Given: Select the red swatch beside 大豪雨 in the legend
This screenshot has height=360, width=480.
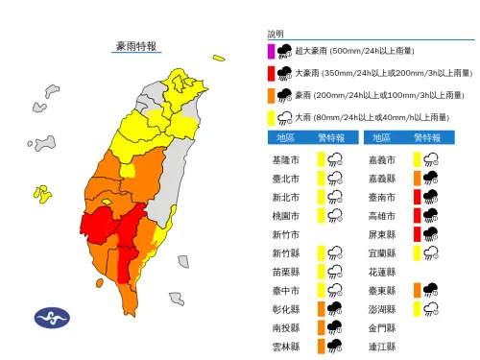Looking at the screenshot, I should pos(272,73).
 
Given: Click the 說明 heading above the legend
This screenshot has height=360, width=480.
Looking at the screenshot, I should pos(276,34).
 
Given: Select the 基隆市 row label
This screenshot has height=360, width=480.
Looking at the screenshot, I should pos(287,160).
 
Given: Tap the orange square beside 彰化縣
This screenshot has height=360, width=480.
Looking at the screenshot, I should pos(322,308).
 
